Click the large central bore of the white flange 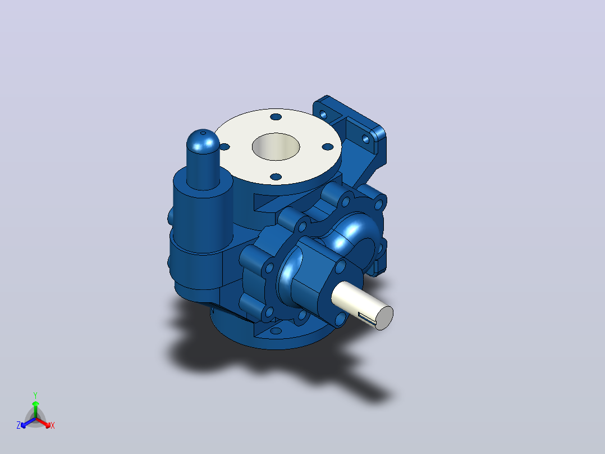coord(276,147)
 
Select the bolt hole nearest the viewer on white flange coord(276,176)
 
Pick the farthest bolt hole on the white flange coord(276,117)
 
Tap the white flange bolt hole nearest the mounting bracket coord(328,147)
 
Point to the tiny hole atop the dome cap coord(203,133)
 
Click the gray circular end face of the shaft coord(384,319)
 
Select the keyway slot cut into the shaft coord(366,317)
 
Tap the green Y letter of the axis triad coord(35,395)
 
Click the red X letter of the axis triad coord(53,425)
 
